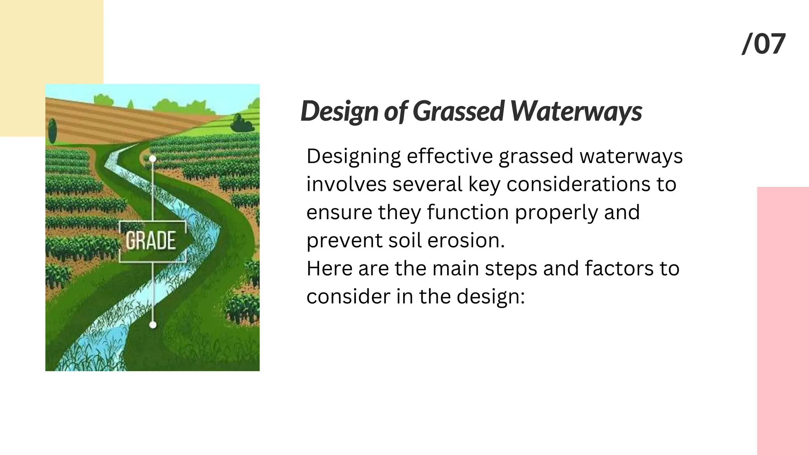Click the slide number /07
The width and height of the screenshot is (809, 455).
pyautogui.click(x=764, y=44)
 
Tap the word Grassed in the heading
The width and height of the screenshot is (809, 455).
pyautogui.click(x=458, y=111)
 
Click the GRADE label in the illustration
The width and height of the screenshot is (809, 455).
pyautogui.click(x=151, y=241)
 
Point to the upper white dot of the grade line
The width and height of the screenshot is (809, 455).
pyautogui.click(x=152, y=159)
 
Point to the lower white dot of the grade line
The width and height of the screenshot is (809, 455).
pyautogui.click(x=153, y=325)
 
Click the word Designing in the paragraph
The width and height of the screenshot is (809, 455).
pyautogui.click(x=354, y=156)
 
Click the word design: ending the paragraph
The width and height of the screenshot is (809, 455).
pyautogui.click(x=491, y=297)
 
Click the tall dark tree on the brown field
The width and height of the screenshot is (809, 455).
pyautogui.click(x=52, y=130)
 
